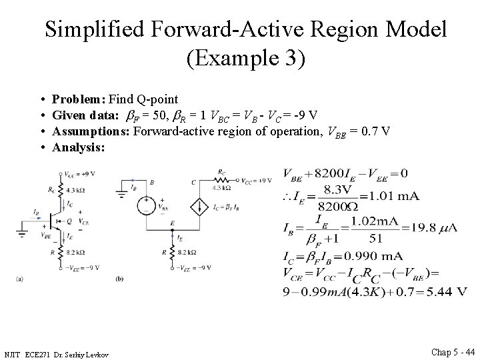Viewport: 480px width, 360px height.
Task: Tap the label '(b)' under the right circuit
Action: point(119,278)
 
